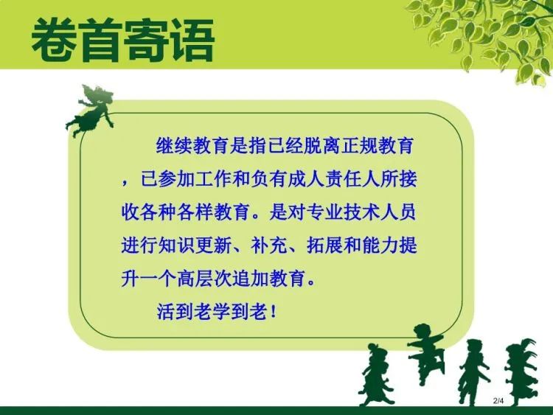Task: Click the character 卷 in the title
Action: pyautogui.click(x=54, y=41)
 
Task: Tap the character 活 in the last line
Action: pyautogui.click(x=165, y=312)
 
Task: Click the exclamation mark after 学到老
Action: pyautogui.click(x=273, y=312)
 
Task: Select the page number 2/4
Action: pyautogui.click(x=498, y=400)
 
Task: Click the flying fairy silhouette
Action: pyautogui.click(x=91, y=111)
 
